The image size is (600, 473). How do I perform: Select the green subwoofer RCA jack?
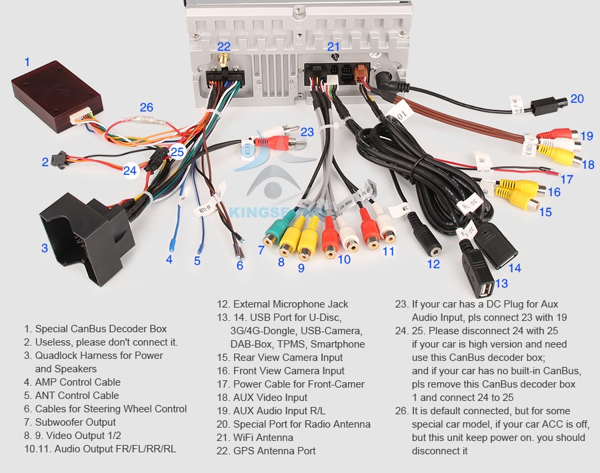pos(272,235)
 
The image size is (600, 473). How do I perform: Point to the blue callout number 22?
pos(224,47)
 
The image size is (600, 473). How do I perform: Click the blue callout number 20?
pos(577,99)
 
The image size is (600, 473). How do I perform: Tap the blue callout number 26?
pos(147,107)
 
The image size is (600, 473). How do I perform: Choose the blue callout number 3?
pos(45,248)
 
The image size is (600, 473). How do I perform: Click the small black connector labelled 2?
pos(61,161)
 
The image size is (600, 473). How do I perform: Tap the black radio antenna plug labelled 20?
pos(553,105)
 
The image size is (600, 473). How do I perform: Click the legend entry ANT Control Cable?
pos(77,396)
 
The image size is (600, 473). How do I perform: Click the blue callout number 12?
pos(434,264)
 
